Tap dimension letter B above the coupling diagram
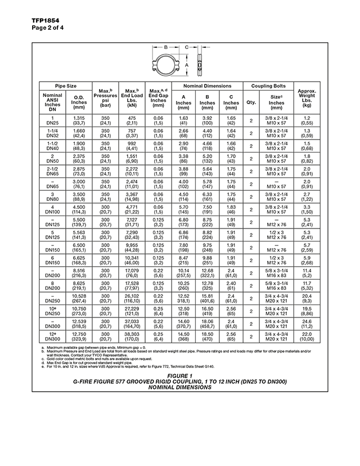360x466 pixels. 166,48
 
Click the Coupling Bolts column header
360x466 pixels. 267,86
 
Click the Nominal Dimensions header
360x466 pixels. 207,86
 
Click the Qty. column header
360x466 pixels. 251,102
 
